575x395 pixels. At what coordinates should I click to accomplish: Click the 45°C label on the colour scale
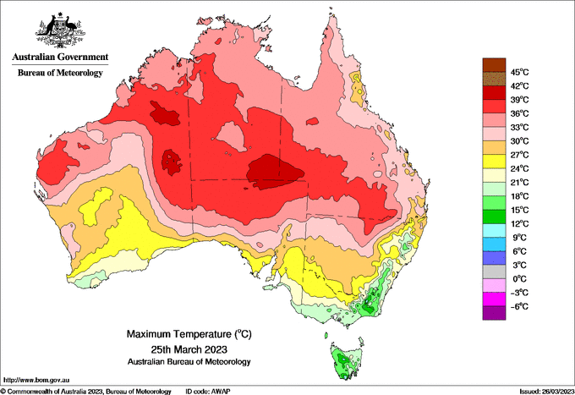pos(520,72)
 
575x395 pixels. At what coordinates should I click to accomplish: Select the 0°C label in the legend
pos(520,279)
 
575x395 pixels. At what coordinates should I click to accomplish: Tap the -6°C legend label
pos(519,306)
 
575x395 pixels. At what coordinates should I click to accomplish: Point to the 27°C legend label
pos(520,155)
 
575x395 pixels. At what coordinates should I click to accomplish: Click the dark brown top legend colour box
pos(494,65)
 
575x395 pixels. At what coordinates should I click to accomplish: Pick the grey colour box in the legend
pos(494,272)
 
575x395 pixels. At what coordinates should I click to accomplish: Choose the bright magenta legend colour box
pos(494,299)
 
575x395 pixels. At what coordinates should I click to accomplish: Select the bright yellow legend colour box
pos(494,162)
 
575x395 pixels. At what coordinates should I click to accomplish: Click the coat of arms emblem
pos(60,30)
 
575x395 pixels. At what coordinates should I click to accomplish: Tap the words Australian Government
pos(60,57)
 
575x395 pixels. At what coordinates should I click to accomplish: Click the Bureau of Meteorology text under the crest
pos(60,73)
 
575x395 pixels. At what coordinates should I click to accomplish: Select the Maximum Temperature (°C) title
pos(189,334)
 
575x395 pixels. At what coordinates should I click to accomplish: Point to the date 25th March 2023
pos(189,348)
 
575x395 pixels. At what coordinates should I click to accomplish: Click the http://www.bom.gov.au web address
pos(36,381)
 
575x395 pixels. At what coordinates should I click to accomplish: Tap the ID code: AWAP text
pos(208,392)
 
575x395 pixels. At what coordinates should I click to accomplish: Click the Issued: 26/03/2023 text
pos(547,392)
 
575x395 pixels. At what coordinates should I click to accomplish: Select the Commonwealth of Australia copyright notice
pos(85,392)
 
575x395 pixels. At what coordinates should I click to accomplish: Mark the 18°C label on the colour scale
pos(520,196)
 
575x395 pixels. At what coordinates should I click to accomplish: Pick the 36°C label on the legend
pos(520,113)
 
